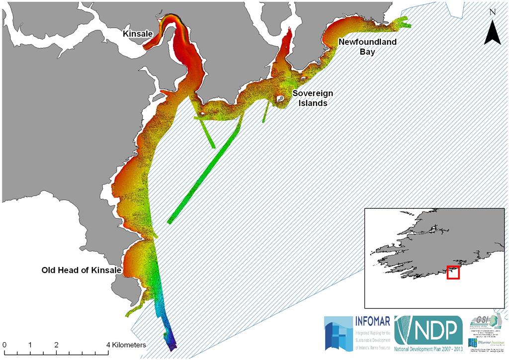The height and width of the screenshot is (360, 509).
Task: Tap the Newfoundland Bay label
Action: click(x=367, y=47)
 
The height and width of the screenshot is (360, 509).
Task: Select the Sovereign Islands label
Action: click(x=312, y=98)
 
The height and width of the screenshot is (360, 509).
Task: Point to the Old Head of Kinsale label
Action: click(x=82, y=270)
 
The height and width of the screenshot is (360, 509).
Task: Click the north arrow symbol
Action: click(x=492, y=35)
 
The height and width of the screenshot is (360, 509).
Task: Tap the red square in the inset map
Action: click(x=453, y=272)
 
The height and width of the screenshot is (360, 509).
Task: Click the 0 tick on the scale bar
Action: click(x=4, y=345)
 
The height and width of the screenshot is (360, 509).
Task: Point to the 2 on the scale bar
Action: click(x=56, y=345)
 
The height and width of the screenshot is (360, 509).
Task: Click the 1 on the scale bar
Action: click(x=30, y=345)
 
